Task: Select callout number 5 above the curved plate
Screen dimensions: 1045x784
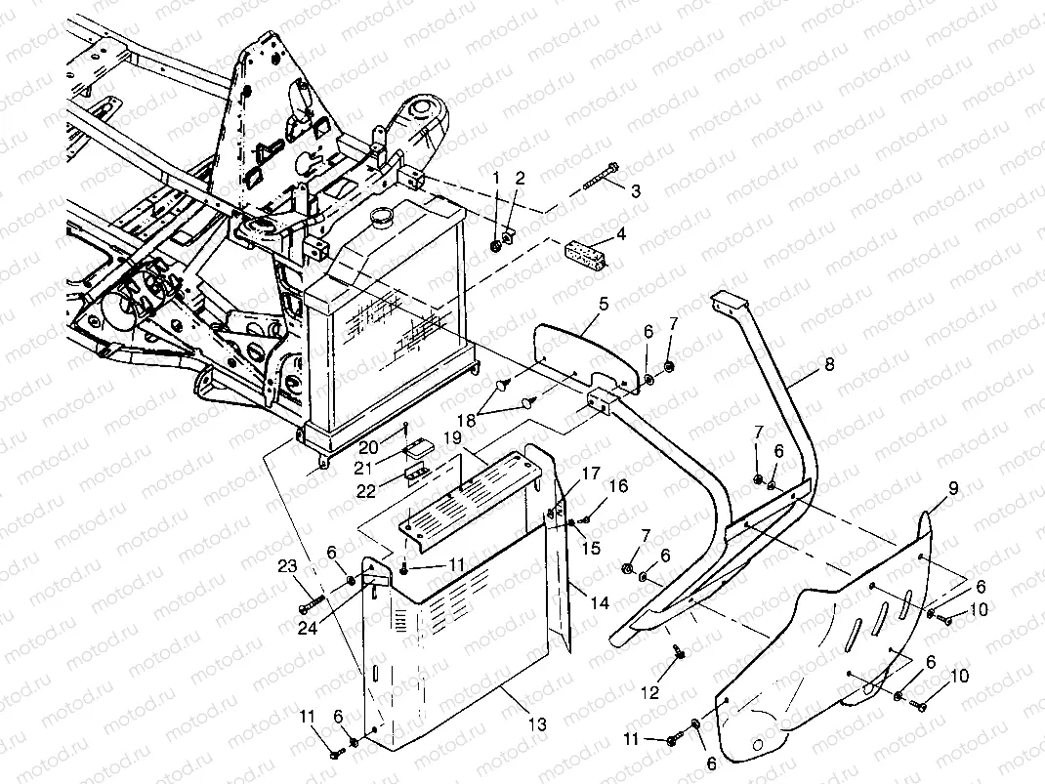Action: pyautogui.click(x=604, y=305)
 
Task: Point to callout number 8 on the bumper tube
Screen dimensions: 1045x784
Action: pyautogui.click(x=828, y=364)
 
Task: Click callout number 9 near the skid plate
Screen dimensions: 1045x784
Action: pyautogui.click(x=954, y=488)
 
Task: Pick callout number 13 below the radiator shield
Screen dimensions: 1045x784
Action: pyautogui.click(x=537, y=724)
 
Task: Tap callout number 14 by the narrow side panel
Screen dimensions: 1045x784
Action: pyautogui.click(x=600, y=603)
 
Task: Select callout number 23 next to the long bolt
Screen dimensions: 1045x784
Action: pyautogui.click(x=287, y=567)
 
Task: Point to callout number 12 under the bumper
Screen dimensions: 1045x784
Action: pyautogui.click(x=649, y=693)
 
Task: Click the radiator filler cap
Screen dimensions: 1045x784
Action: pyautogui.click(x=381, y=216)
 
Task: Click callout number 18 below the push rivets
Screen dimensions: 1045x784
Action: pyautogui.click(x=467, y=420)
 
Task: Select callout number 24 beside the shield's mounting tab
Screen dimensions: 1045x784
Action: pyautogui.click(x=308, y=627)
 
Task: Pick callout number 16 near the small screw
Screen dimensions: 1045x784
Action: pyautogui.click(x=618, y=486)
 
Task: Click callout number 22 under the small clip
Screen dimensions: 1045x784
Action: pyautogui.click(x=366, y=490)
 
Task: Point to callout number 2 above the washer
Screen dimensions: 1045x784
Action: pyautogui.click(x=520, y=178)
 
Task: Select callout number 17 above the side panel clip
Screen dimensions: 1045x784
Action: pyautogui.click(x=591, y=474)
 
